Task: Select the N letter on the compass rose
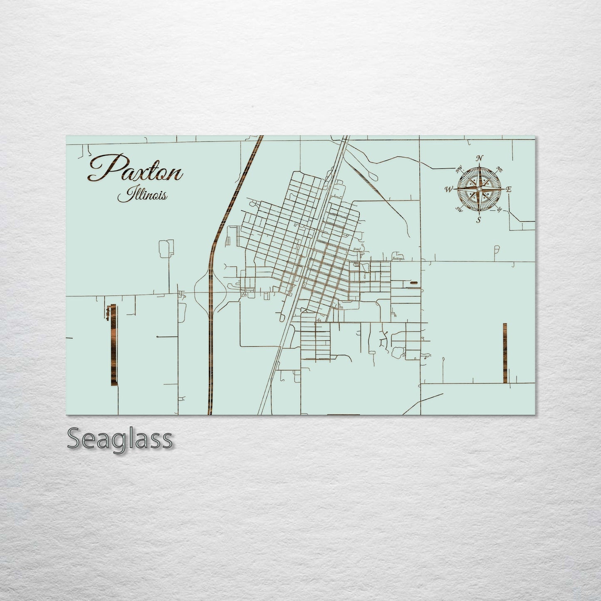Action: coord(480,158)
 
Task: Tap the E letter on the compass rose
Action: coord(509,189)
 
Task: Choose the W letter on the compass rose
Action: coord(449,190)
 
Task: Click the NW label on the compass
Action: coord(459,169)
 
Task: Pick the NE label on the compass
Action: coord(500,169)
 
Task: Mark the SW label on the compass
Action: coord(459,209)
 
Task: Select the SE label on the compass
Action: coord(500,209)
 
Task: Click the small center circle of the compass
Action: coord(479,189)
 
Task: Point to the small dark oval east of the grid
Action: coord(414,282)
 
